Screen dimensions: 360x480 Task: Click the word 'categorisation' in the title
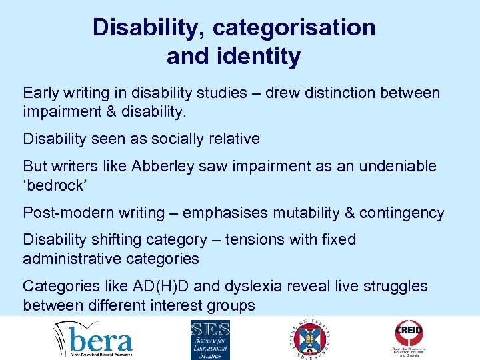[293, 27]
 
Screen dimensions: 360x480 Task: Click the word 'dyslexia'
[250, 286]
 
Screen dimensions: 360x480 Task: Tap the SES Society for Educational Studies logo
[210, 339]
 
